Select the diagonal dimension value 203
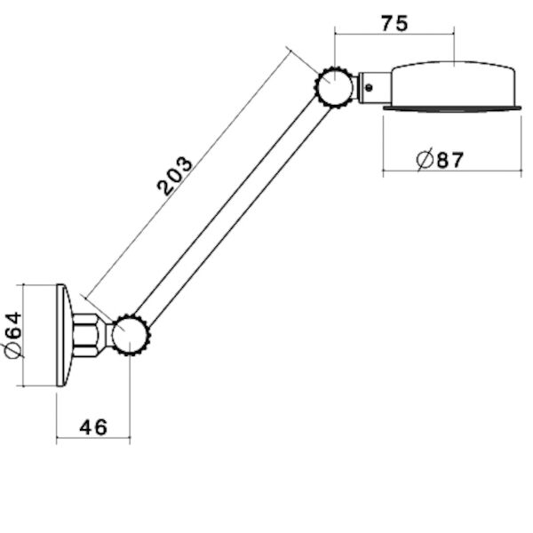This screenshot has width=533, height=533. click(x=175, y=175)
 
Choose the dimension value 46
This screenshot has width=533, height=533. click(x=92, y=427)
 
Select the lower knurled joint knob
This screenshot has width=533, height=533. click(x=131, y=335)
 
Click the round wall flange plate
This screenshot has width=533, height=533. click(x=65, y=335)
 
